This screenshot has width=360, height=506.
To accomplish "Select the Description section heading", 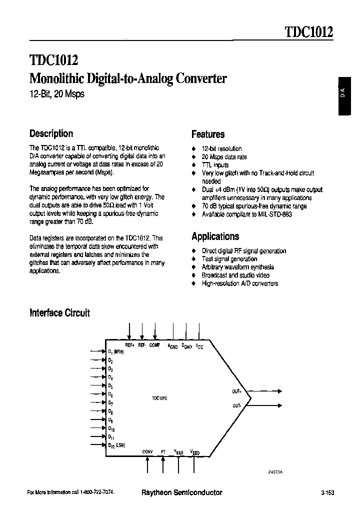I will tap(51, 133).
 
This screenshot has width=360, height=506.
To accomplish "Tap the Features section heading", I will tap(208, 134).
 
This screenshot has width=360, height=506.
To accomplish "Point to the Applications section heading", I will tap(215, 236).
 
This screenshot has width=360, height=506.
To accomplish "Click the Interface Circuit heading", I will tap(60, 313).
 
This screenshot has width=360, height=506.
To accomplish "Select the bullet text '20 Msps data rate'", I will tap(224, 156).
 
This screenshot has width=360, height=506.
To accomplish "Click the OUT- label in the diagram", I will tap(237, 405).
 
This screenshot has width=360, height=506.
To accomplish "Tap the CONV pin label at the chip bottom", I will tap(147, 451).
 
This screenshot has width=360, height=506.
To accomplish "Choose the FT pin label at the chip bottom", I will tap(163, 451).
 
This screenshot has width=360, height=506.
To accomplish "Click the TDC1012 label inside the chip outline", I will tap(159, 398).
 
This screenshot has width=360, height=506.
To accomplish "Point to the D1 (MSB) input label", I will tap(116, 352).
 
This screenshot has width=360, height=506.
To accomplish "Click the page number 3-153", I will tap(327, 492).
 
